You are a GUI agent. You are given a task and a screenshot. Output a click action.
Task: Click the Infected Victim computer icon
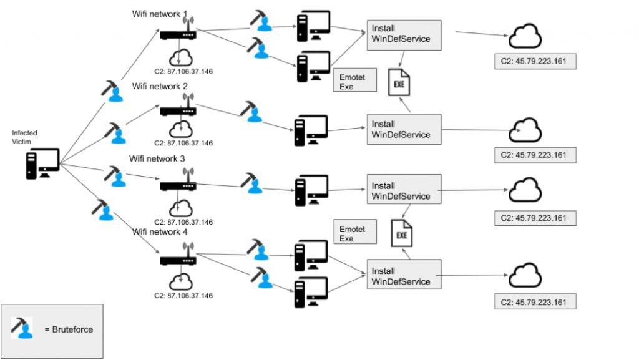(x=42, y=163)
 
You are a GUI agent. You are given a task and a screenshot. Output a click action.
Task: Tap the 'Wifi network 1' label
(x=160, y=14)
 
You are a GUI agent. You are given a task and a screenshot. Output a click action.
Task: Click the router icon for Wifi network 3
(x=178, y=185)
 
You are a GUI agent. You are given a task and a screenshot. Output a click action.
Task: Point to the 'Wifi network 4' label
(x=160, y=232)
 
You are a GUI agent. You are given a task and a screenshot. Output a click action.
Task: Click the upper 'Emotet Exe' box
(x=355, y=81)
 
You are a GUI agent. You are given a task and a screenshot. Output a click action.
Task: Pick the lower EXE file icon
(x=401, y=234)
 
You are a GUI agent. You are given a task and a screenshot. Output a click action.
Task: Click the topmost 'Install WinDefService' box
(x=403, y=35)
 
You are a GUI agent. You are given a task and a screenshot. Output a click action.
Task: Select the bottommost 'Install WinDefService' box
(x=403, y=276)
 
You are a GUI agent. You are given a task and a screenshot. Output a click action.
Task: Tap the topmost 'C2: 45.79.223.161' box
(x=534, y=62)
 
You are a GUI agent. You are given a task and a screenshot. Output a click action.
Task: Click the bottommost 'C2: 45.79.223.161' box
(x=534, y=302)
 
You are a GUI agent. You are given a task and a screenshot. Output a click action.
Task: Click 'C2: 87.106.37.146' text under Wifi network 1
(x=183, y=72)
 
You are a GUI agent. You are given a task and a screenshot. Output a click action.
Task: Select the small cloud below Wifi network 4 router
(x=180, y=280)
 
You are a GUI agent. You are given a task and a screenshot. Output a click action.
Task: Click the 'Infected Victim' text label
(x=24, y=137)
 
